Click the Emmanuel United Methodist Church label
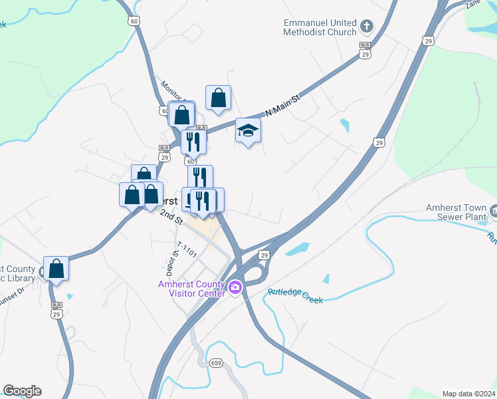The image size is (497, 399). tap(320, 27)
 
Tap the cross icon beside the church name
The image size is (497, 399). tap(367, 27)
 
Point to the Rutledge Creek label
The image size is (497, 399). tap(295, 296)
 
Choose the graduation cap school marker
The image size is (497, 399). tap(248, 130)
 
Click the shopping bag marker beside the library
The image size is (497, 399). tap(56, 269)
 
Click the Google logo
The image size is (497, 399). tap(22, 391)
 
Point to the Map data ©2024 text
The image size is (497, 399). tap(468, 394)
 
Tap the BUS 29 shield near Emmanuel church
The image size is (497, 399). tap(365, 50)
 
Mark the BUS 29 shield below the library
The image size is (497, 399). tap(56, 311)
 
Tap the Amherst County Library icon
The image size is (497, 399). tap(42, 271)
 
